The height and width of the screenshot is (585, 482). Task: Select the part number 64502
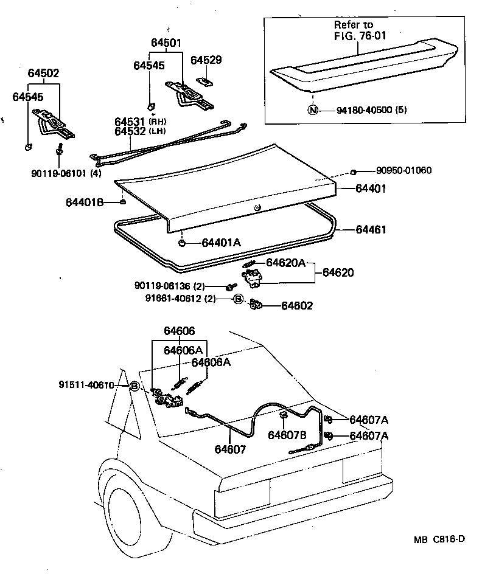43,73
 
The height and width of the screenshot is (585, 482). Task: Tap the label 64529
206,60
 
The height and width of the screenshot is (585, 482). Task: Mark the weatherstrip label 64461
371,230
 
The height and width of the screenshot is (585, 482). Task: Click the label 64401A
221,243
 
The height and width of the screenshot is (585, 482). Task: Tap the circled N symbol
313,111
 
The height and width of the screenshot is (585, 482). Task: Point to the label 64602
297,306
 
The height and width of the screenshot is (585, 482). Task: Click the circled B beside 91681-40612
239,299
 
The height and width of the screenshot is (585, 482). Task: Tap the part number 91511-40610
86,385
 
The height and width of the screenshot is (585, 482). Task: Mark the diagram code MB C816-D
444,539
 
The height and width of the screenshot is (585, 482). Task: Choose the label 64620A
286,263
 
